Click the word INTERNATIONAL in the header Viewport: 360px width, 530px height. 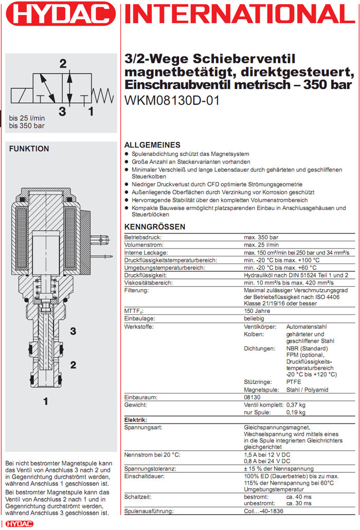click(x=240, y=14)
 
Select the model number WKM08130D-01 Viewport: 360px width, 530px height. click(x=172, y=101)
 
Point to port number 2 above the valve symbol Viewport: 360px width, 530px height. click(x=63, y=64)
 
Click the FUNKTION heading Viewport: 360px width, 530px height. click(x=30, y=149)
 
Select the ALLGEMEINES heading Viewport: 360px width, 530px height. click(x=153, y=145)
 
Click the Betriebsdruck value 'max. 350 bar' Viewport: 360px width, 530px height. click(x=261, y=237)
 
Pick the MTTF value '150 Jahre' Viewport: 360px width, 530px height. click(x=257, y=311)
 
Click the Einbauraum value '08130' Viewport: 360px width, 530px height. click(x=253, y=397)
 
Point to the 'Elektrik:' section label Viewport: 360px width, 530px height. click(x=136, y=420)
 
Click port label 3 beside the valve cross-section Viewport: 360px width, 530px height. click(x=73, y=330)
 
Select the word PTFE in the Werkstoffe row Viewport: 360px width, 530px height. click(x=293, y=382)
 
